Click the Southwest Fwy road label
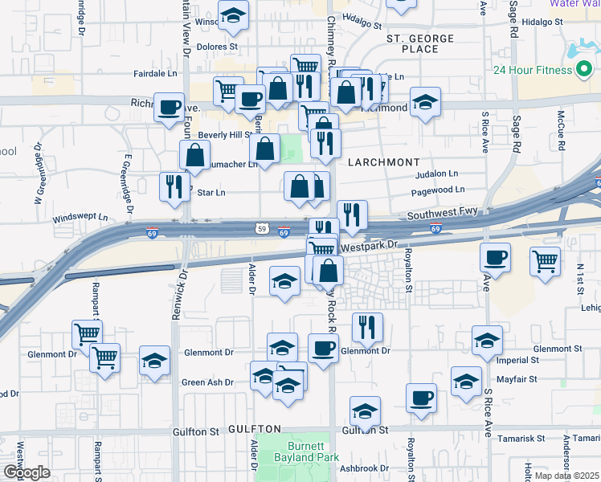[442, 214]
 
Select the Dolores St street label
[217, 47]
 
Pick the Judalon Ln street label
[436, 174]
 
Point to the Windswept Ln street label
[80, 219]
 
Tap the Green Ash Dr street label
[207, 382]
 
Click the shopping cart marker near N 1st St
[545, 260]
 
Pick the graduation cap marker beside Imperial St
[487, 341]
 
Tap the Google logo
[27, 471]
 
